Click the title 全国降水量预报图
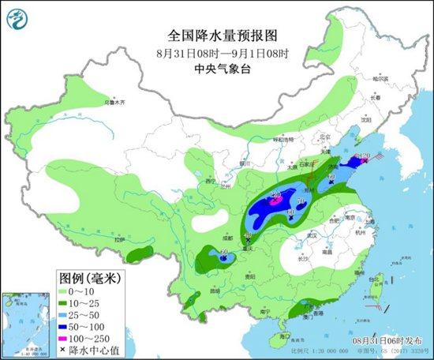(x=216, y=36)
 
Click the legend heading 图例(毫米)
(x=90, y=279)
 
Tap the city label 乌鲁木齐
(x=116, y=103)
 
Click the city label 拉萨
(x=119, y=239)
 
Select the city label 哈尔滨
(x=381, y=79)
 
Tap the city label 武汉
(x=311, y=234)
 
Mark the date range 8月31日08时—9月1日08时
(x=216, y=52)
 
